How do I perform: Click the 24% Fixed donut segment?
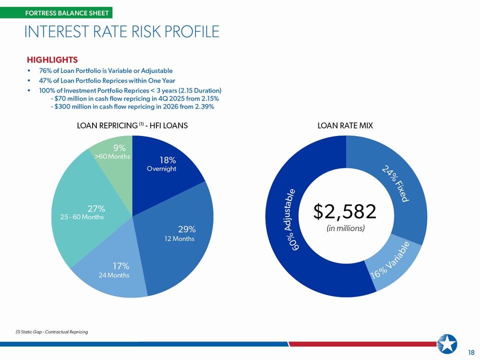coord(395,183)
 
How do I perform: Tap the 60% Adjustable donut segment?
coord(290,220)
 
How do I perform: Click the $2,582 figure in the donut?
coord(344,211)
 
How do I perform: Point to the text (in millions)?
coord(345,228)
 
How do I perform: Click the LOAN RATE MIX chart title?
coord(345,126)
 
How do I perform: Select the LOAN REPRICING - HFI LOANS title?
coord(132,126)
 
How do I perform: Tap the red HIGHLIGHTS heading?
coord(52,60)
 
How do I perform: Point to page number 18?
coord(471,352)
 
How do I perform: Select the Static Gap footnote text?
coord(51,332)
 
